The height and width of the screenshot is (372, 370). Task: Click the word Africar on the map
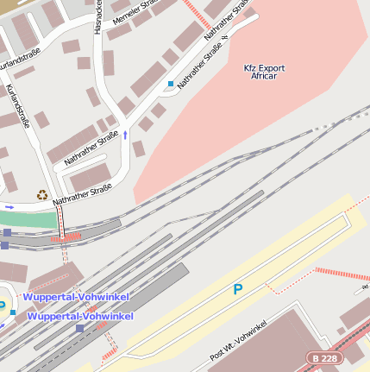[x=264, y=76]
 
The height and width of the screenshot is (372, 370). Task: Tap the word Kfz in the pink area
[x=251, y=67]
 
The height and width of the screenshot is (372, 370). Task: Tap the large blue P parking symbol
[x=238, y=290]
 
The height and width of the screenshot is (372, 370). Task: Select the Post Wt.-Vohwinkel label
[x=239, y=345]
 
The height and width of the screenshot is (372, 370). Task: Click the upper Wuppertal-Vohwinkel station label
[x=77, y=297]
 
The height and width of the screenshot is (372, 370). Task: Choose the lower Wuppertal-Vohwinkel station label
[x=80, y=316]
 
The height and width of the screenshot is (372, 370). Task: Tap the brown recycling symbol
[x=41, y=195]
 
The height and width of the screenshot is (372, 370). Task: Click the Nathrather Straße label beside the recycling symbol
[x=83, y=192]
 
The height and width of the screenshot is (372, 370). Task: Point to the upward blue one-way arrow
[x=125, y=135]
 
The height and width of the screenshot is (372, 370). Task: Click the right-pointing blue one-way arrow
[x=9, y=207]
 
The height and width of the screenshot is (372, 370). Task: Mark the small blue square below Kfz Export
[x=171, y=84]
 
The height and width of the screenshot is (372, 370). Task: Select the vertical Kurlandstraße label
[x=18, y=104]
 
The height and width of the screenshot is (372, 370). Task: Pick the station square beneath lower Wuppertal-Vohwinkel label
[x=80, y=328]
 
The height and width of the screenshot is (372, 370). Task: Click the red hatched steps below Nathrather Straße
[x=66, y=236]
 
